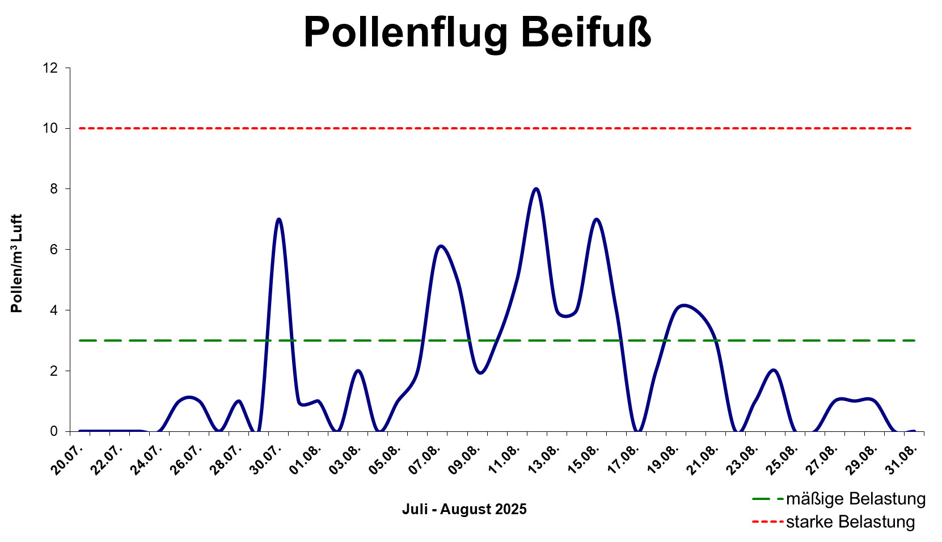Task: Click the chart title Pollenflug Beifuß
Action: click(x=477, y=33)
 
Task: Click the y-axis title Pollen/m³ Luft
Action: click(x=17, y=263)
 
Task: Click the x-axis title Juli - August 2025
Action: click(x=464, y=509)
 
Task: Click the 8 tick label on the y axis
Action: click(x=54, y=189)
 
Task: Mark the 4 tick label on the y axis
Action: click(x=54, y=310)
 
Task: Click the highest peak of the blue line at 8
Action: click(x=536, y=189)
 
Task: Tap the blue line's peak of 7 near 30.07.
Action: click(x=278, y=219)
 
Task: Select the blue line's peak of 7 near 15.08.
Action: click(x=596, y=219)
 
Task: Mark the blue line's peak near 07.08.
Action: click(x=441, y=246)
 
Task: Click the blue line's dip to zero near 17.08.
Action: click(x=638, y=431)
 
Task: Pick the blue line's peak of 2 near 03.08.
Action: click(x=358, y=371)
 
